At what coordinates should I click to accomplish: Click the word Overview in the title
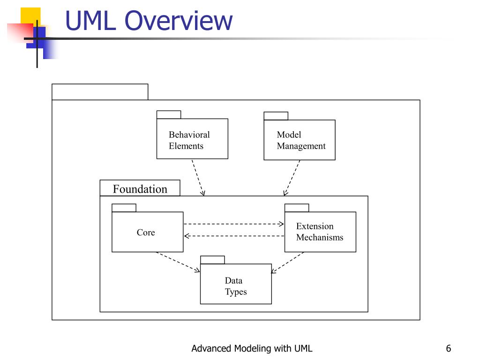coord(179,21)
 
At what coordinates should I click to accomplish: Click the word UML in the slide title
coord(91,21)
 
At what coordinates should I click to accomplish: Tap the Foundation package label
coord(140,189)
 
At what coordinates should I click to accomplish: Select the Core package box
coord(148,232)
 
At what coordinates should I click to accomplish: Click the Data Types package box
coord(236,284)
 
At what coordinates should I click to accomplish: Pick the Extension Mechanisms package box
coord(320,232)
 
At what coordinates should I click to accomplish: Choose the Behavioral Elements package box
coord(192,139)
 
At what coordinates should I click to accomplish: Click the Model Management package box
coord(300,140)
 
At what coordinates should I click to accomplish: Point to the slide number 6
coord(449,348)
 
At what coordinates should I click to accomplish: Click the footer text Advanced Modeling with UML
coord(252,348)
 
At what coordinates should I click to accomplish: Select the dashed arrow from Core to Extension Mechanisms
coord(234,224)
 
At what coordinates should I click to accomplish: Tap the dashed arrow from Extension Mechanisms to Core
coord(234,236)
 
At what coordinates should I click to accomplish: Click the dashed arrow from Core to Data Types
coord(178,262)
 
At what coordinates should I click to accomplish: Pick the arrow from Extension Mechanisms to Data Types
coord(287,262)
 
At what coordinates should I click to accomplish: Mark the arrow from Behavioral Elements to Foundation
coord(198,178)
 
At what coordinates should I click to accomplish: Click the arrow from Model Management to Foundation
coord(292,178)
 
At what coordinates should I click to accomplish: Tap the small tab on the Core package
coord(124,208)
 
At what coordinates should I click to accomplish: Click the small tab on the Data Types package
coord(212,260)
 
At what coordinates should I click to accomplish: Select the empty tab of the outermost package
coord(100,92)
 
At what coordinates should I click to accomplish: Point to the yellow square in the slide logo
coord(30,16)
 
